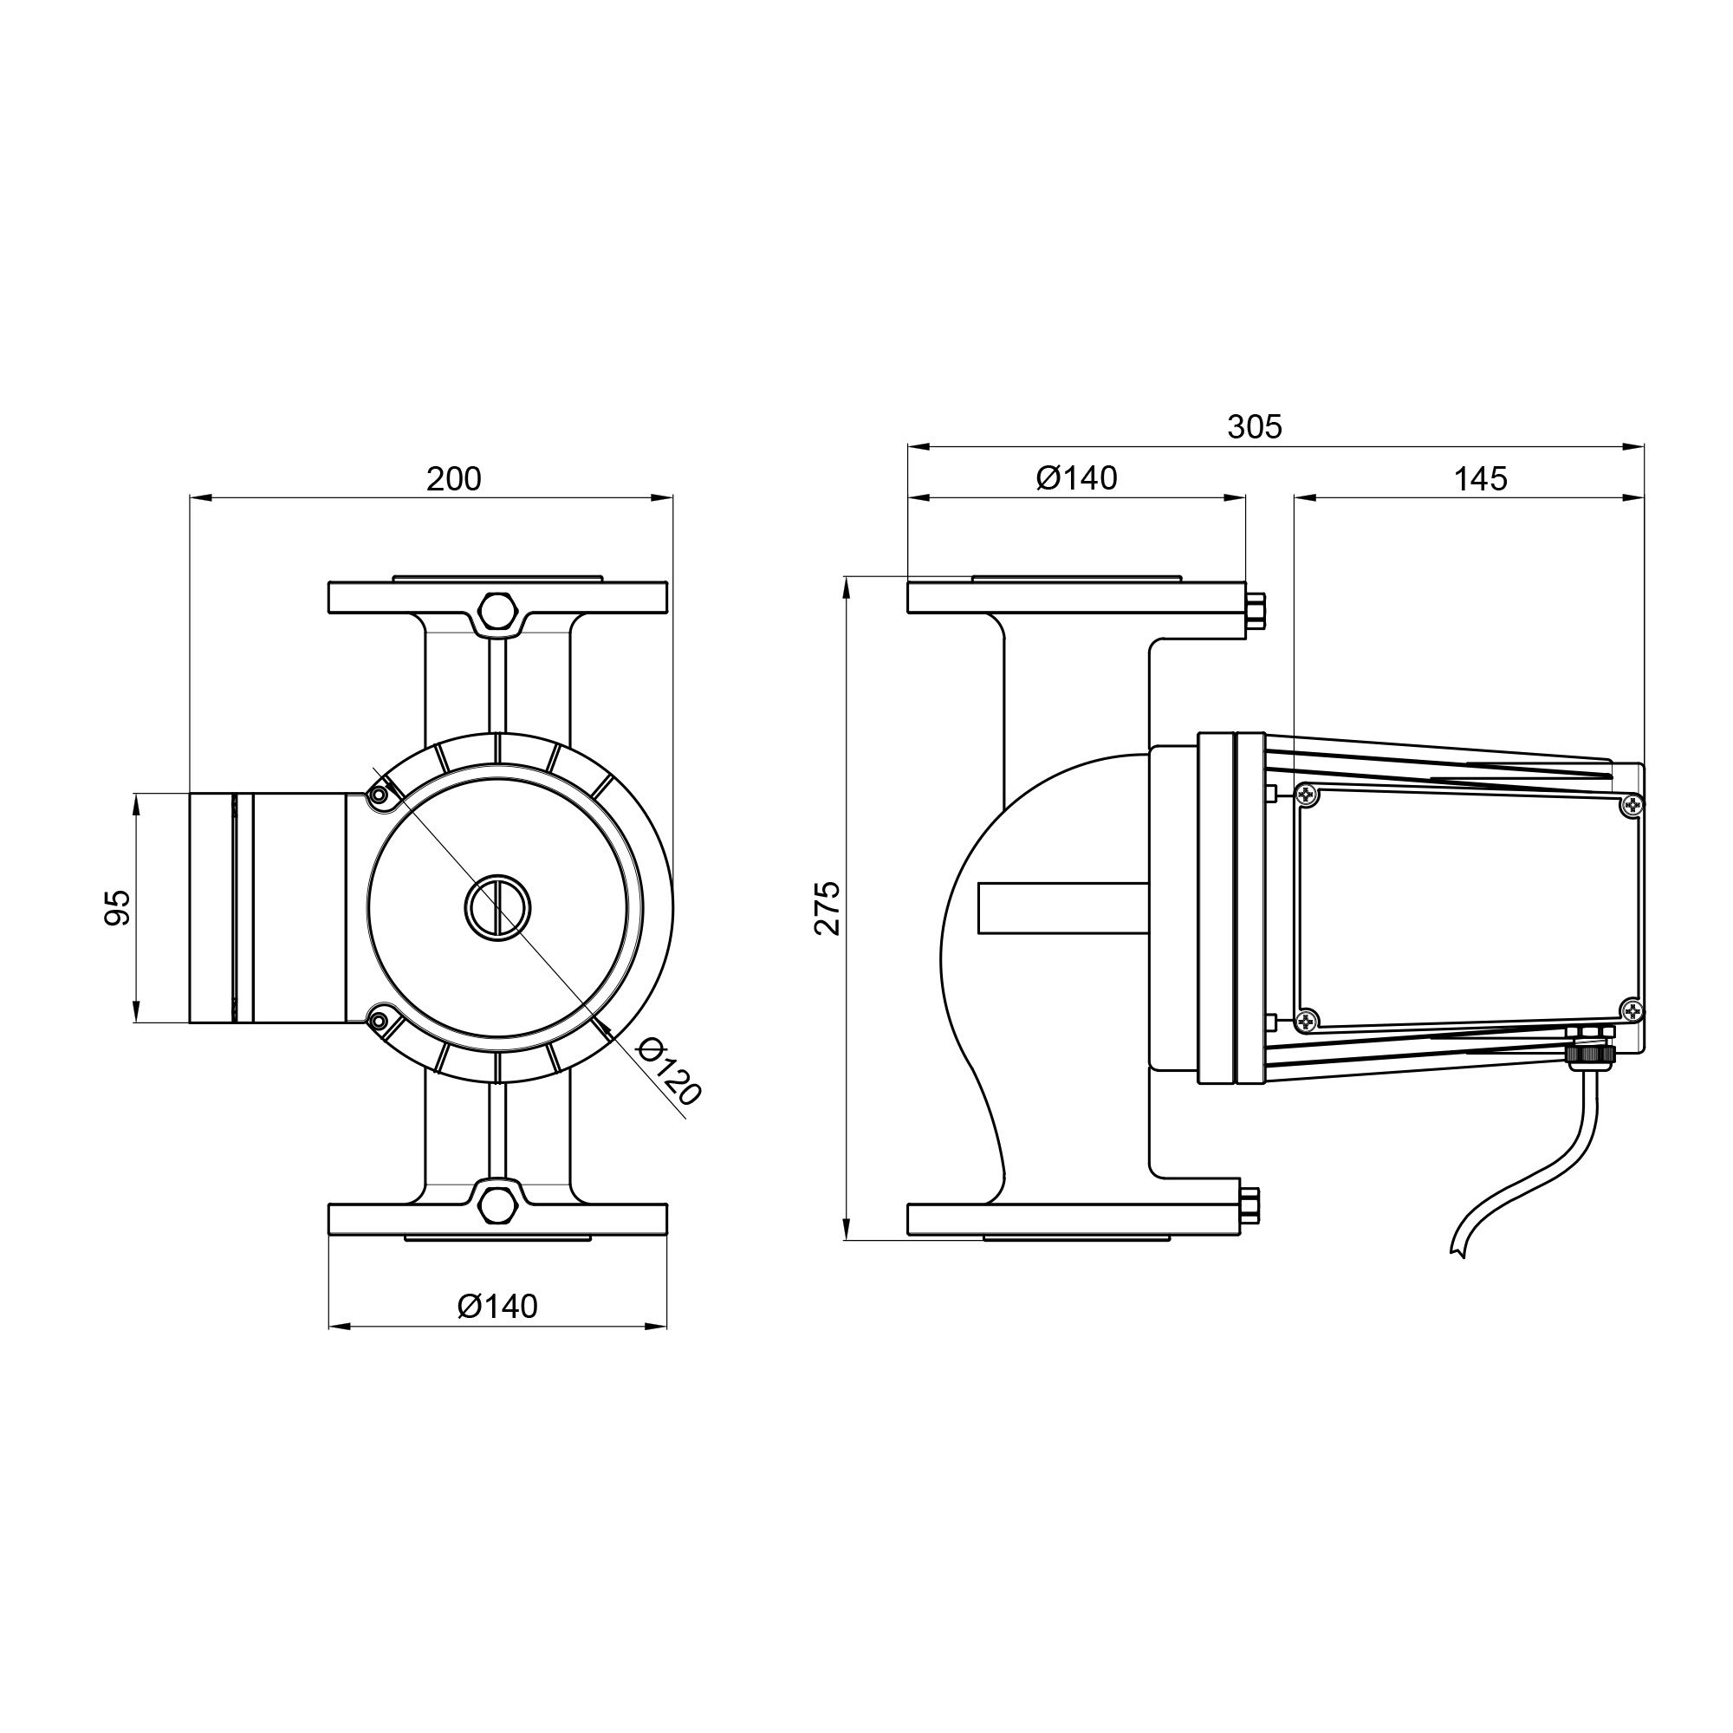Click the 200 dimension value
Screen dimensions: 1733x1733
click(x=454, y=480)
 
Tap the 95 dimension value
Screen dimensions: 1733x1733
click(x=118, y=908)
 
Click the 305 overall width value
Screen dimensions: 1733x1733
click(x=1255, y=427)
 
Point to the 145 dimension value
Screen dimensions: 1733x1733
click(x=1480, y=479)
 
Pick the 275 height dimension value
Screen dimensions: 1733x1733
click(x=827, y=908)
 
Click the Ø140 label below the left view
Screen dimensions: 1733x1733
click(x=498, y=1307)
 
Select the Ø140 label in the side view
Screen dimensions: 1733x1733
click(x=1076, y=478)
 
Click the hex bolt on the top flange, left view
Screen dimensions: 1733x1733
click(x=498, y=611)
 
